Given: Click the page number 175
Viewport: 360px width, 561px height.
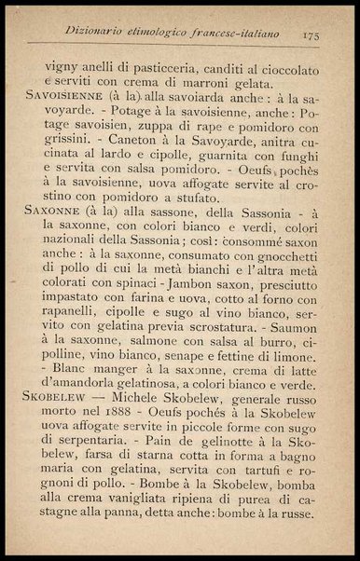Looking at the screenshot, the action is tap(312, 34).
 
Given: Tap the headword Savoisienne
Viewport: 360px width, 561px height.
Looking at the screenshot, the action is tap(66, 95).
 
